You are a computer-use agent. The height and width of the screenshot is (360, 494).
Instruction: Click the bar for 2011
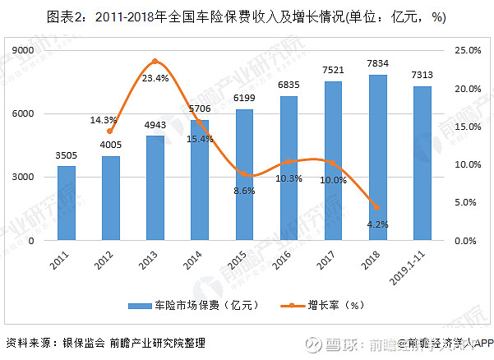67,203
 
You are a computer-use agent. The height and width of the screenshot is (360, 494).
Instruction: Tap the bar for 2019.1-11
422,164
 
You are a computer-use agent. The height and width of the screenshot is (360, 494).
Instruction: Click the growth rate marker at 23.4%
155,62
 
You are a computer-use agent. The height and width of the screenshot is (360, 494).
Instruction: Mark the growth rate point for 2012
110,132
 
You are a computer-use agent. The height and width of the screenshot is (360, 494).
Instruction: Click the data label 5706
200,108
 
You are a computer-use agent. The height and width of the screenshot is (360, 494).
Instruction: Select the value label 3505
67,154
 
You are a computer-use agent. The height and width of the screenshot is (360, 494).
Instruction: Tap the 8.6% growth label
244,191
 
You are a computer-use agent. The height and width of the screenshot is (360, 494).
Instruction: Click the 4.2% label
377,224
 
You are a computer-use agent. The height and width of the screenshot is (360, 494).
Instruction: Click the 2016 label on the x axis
286,261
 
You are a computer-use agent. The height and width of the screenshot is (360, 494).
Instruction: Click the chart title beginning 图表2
247,17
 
